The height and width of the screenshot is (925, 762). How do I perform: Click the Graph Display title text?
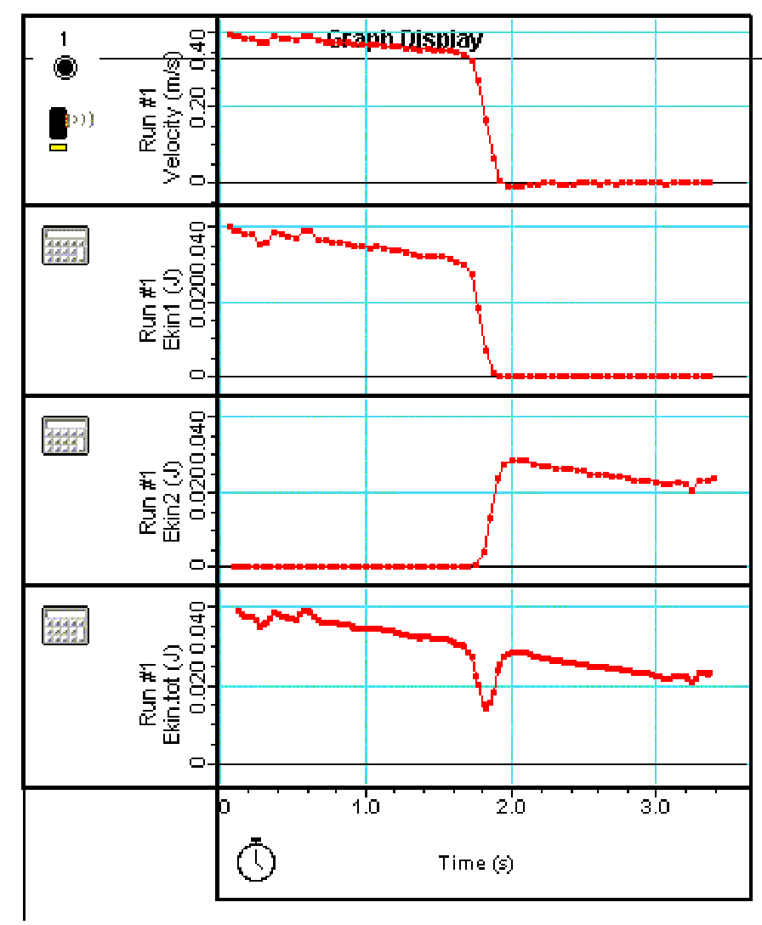(405, 39)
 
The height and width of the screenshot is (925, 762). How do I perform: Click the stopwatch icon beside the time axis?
(255, 860)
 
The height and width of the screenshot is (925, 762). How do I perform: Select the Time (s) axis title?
(475, 863)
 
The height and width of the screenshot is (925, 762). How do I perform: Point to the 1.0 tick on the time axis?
(366, 804)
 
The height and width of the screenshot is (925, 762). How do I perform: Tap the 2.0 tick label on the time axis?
(511, 804)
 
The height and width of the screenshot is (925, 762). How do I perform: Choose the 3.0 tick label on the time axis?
(656, 804)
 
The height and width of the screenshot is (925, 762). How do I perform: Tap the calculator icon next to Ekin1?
(65, 246)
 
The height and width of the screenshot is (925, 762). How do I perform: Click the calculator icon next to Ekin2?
(65, 436)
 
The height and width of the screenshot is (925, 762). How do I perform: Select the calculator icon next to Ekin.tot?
(65, 627)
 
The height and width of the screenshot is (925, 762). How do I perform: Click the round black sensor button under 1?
(65, 68)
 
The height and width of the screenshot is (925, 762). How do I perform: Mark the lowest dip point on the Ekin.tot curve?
(486, 707)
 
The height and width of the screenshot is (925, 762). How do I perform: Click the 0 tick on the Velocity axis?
(197, 182)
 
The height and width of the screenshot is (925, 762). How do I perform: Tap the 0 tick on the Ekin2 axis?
(197, 565)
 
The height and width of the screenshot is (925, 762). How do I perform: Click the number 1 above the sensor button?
(65, 38)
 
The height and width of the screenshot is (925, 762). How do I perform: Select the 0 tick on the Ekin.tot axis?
(197, 763)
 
